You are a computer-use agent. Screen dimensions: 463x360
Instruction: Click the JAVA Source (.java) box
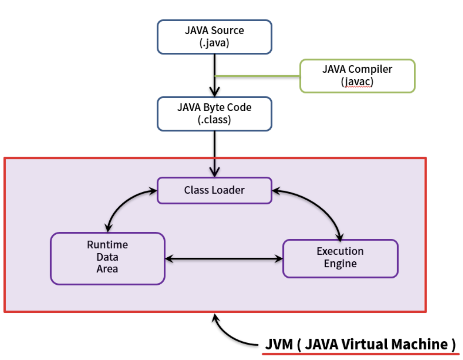tap(214, 37)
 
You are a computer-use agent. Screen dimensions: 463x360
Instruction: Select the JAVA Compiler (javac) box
tap(357, 76)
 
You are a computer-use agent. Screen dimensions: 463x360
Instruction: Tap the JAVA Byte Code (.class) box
tap(214, 114)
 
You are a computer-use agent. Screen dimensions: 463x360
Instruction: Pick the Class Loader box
tap(214, 190)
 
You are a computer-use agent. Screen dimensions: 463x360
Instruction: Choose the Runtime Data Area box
tap(108, 258)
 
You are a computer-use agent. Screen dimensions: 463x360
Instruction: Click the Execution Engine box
tap(340, 259)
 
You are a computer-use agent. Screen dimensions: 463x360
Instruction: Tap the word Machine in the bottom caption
tap(419, 344)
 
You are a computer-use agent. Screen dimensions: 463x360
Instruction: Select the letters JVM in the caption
tap(279, 344)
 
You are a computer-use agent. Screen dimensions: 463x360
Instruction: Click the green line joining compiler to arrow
tap(257, 76)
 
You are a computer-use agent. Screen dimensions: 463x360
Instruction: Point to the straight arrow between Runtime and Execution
tap(224, 259)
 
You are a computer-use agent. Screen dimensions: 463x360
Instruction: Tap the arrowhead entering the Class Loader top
tap(215, 172)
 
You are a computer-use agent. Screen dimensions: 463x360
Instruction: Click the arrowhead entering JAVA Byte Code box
tap(215, 92)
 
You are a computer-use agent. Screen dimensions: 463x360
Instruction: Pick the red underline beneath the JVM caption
tap(360, 354)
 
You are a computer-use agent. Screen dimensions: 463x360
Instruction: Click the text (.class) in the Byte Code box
tap(214, 120)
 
